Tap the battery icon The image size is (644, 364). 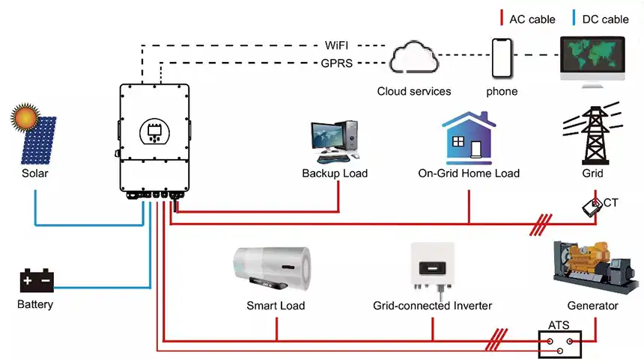tap(36, 281)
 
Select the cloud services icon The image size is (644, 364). tap(413, 59)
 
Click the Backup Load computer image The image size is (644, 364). tap(335, 142)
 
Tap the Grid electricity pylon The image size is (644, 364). tap(592, 135)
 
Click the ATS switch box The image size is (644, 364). tap(561, 342)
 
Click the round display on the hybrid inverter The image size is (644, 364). tap(155, 131)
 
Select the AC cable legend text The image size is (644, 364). tap(532, 19)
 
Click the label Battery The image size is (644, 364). tap(35, 305)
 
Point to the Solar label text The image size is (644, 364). tap(35, 173)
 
